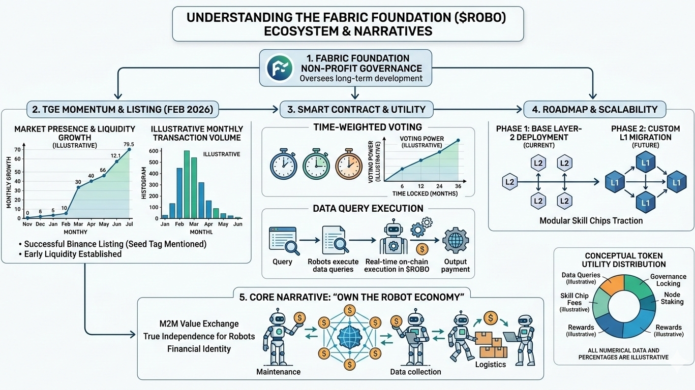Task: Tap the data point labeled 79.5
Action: click(x=129, y=149)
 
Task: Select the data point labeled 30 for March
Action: click(x=78, y=187)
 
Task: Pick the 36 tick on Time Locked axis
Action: click(x=458, y=186)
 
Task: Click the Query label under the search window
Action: click(x=283, y=262)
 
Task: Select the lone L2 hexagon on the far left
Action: click(x=509, y=182)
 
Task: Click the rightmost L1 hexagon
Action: click(x=676, y=182)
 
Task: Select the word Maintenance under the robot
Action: click(x=279, y=372)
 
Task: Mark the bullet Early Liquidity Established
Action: click(x=73, y=254)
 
